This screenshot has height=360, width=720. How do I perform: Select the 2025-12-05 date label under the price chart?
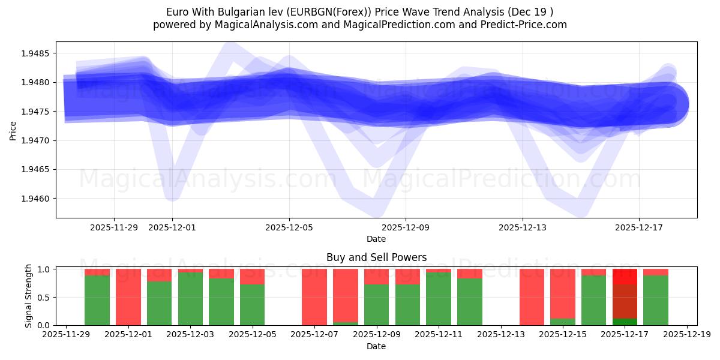(x=289, y=227)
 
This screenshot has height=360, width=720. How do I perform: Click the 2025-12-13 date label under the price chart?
(x=523, y=227)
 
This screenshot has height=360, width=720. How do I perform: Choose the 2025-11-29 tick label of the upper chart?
(x=114, y=227)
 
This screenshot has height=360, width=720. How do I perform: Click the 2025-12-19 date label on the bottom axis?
(x=687, y=335)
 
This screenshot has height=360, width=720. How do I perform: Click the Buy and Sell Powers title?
(x=376, y=257)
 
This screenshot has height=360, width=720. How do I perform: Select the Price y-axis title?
(x=13, y=130)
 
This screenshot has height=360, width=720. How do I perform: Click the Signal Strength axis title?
(x=29, y=296)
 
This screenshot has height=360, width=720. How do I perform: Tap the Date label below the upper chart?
(x=376, y=239)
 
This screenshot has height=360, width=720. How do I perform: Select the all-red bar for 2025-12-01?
(x=128, y=297)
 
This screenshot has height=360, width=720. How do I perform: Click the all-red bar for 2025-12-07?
(x=314, y=297)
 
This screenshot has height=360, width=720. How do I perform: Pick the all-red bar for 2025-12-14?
(x=532, y=297)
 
